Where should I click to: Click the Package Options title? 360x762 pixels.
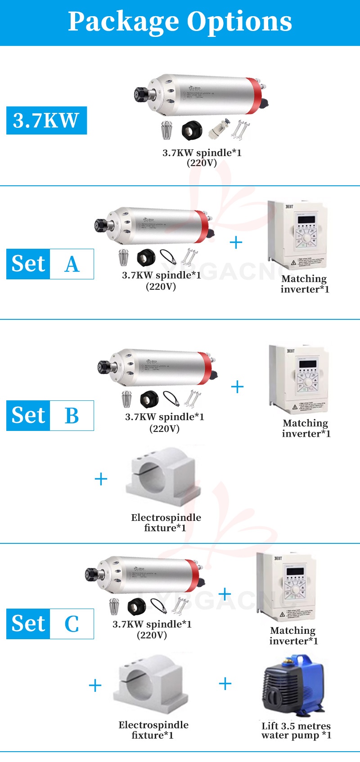click(180, 21)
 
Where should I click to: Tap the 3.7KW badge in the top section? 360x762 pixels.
click(46, 121)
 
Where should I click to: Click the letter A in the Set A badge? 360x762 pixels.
click(72, 264)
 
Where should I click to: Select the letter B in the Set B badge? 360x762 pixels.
click(72, 416)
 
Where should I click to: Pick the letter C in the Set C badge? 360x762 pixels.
click(72, 624)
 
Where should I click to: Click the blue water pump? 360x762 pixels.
click(294, 686)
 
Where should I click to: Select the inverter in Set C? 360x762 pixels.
click(287, 587)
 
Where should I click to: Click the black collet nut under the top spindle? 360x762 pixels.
click(192, 130)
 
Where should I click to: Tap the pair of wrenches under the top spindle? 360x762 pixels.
click(239, 130)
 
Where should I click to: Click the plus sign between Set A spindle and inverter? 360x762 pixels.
click(236, 243)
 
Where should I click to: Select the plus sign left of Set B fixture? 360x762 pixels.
click(101, 479)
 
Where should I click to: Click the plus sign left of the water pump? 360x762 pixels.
click(225, 684)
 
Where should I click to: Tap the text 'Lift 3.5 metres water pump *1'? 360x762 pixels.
click(296, 731)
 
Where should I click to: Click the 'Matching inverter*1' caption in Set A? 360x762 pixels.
click(305, 284)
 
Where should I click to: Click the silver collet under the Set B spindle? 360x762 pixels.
click(126, 399)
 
